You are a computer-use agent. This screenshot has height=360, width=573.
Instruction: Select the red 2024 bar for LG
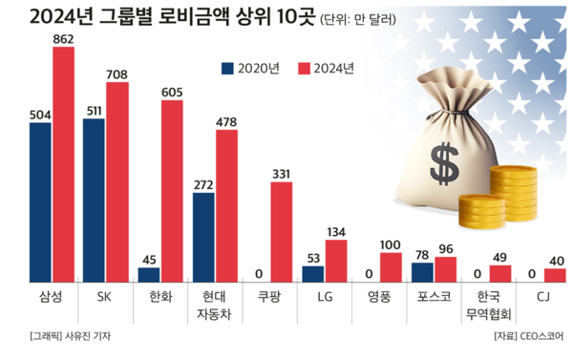click(336, 261)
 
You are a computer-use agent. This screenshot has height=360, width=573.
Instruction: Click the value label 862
click(63, 38)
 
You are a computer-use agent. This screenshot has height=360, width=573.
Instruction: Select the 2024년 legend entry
click(326, 68)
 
